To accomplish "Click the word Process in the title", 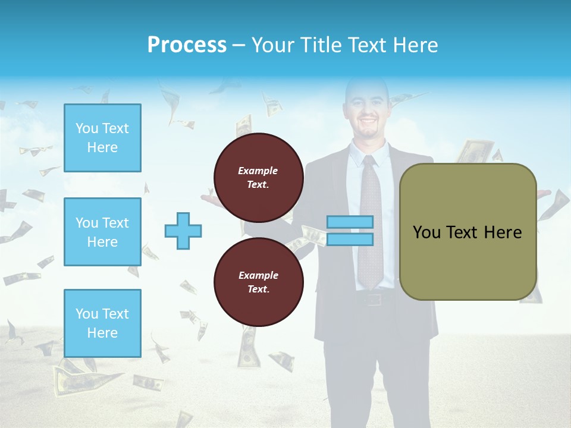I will click(x=187, y=45).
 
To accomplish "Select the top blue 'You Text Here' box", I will click(x=102, y=138).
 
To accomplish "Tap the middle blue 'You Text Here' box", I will click(x=102, y=232).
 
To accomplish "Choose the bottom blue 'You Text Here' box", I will click(x=102, y=323).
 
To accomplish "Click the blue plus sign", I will click(x=183, y=231).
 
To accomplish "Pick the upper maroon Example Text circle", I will click(x=259, y=177).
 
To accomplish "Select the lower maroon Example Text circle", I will click(x=259, y=282).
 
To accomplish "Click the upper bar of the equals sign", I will click(x=350, y=222).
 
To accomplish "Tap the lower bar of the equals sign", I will click(x=350, y=239).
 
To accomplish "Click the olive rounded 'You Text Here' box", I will click(x=468, y=232).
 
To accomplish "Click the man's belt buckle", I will click(x=373, y=299).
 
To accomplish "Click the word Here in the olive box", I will click(x=503, y=232).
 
